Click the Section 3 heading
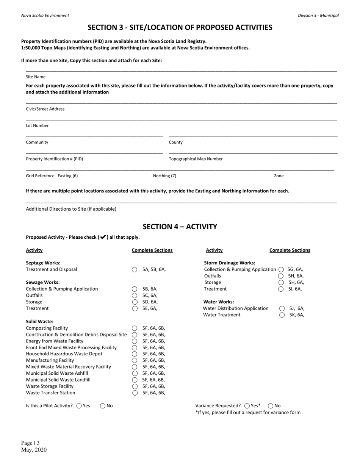[x=180, y=27]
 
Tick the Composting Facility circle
[x=135, y=328]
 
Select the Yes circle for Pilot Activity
[x=79, y=406]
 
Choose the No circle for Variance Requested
[x=271, y=406]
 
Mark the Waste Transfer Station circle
[x=135, y=393]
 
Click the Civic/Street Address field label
[x=45, y=109]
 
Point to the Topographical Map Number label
[x=196, y=159]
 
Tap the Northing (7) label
[x=164, y=176]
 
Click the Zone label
[x=279, y=176]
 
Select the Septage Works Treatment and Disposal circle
[x=135, y=270]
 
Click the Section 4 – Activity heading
[x=180, y=227]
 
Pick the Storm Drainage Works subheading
[x=229, y=263]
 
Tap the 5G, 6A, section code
[x=296, y=269]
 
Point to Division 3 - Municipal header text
[x=318, y=16]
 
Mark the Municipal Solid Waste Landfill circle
[x=135, y=380]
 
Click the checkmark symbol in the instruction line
[x=102, y=237]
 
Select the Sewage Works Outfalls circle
[x=135, y=296]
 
